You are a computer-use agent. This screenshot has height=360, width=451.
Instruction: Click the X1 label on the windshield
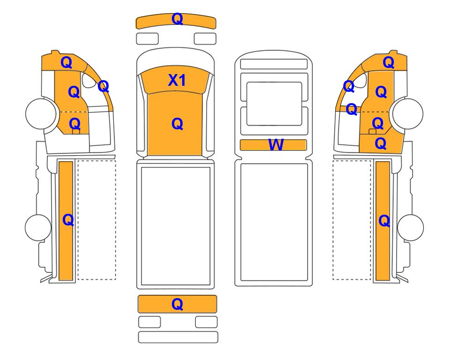click(177, 80)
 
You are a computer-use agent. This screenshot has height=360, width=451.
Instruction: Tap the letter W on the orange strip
click(276, 144)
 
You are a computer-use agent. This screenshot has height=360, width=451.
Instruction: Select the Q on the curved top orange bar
click(177, 19)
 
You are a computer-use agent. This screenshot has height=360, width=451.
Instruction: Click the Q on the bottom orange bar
click(177, 304)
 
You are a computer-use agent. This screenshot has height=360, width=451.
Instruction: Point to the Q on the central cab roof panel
click(177, 124)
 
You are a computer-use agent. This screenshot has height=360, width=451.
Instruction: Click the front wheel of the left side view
click(41, 113)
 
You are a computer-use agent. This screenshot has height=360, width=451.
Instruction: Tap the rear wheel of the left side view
click(38, 227)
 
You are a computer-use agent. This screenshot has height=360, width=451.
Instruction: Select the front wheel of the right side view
click(408, 113)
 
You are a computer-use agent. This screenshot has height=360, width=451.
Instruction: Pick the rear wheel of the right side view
click(410, 227)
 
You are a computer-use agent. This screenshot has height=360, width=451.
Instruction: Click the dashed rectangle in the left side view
click(97, 220)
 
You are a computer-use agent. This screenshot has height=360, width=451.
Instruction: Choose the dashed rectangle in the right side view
click(352, 220)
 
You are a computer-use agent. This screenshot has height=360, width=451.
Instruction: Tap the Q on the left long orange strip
click(68, 220)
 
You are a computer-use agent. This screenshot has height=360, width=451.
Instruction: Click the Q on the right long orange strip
click(384, 221)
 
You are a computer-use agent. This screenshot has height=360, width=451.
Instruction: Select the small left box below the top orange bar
click(147, 39)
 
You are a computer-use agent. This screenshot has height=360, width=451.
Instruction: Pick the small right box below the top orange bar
click(205, 39)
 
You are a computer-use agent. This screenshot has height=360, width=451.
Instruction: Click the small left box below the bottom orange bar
click(149, 322)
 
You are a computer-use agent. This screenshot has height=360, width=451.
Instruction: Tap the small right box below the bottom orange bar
click(207, 322)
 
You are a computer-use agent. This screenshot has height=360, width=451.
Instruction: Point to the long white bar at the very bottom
click(178, 337)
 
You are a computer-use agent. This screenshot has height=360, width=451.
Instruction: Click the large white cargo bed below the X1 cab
click(176, 226)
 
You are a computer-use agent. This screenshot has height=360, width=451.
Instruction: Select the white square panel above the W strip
click(274, 104)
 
